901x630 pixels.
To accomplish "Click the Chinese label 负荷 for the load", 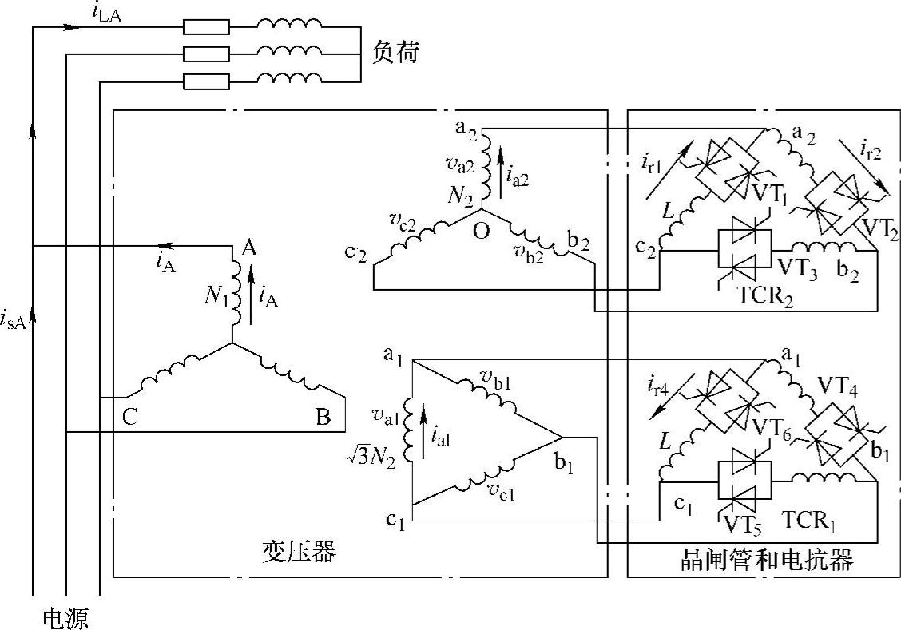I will click(x=395, y=54).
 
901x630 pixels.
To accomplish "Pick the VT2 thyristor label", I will click(x=879, y=232).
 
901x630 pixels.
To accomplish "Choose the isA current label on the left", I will click(x=17, y=321).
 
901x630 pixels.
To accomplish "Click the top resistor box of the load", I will click(x=206, y=28).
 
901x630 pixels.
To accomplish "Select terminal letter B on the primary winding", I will click(x=323, y=418).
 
